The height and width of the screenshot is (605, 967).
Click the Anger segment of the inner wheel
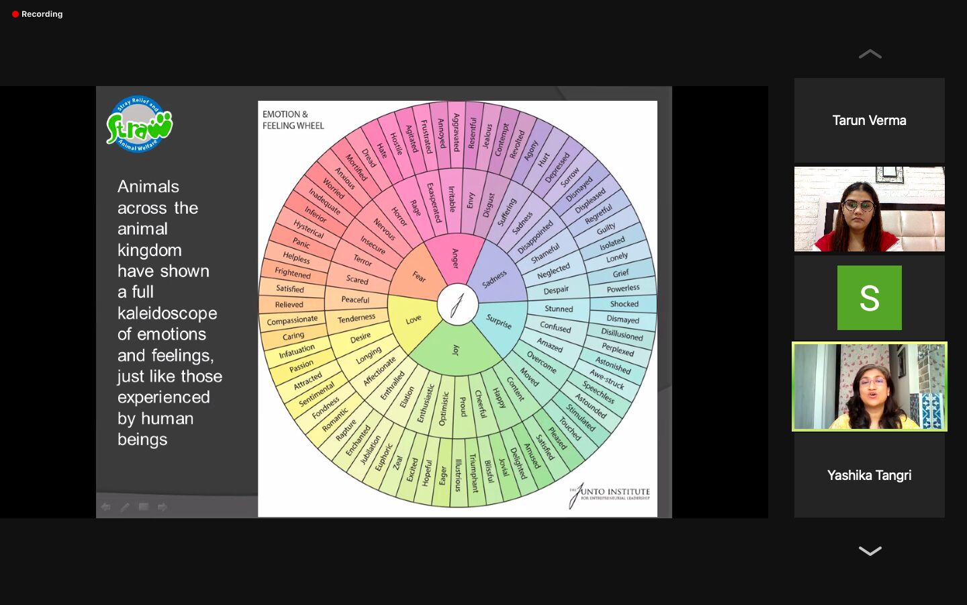tap(455, 258)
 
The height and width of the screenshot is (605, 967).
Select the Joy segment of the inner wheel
tap(456, 350)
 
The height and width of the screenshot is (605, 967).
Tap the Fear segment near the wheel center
tap(418, 276)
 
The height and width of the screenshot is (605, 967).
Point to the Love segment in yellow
tap(414, 319)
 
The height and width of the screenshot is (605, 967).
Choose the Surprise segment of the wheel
tap(499, 322)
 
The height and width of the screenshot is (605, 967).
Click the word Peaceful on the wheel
tap(355, 299)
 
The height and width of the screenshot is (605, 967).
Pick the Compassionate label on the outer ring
tap(292, 321)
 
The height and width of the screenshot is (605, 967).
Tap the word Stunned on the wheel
tap(559, 309)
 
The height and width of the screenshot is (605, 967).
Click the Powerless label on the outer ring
tap(623, 288)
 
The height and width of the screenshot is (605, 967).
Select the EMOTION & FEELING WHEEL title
tap(293, 120)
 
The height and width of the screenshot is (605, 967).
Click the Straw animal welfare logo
tap(139, 124)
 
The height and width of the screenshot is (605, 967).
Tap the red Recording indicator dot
tap(15, 14)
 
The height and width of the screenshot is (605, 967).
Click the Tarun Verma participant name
tap(869, 120)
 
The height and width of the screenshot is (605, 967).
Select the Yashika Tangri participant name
tap(869, 475)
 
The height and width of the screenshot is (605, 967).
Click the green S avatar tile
tap(869, 298)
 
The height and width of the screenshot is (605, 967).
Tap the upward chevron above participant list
tap(870, 54)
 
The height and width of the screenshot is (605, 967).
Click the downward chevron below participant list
tap(870, 551)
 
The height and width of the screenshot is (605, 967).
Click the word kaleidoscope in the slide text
tap(167, 313)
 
